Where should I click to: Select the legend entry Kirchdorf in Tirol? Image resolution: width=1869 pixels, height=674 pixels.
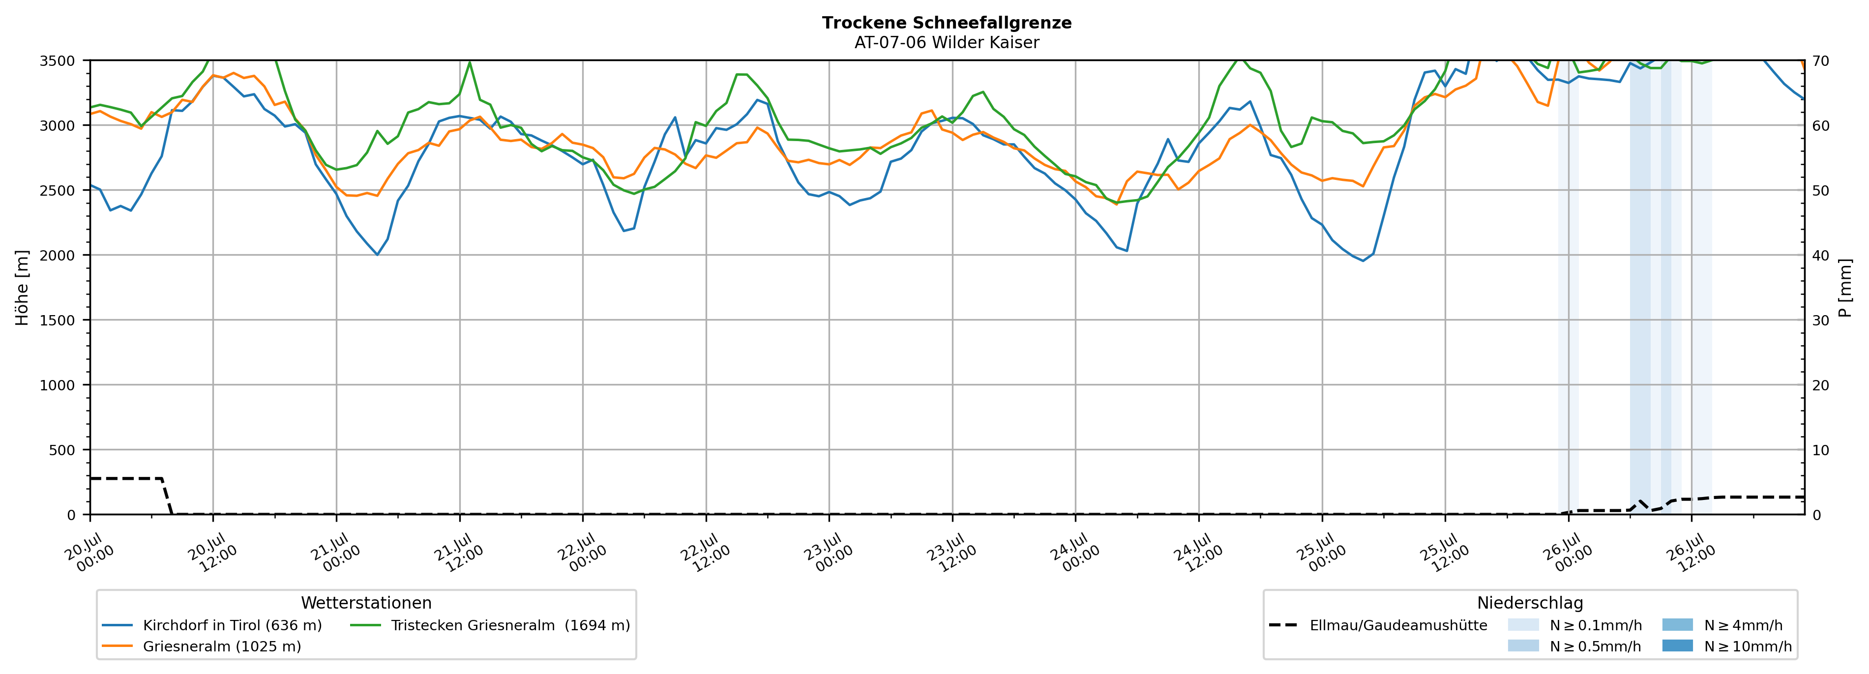coord(212,625)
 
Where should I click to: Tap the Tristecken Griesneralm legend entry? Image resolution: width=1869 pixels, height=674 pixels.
coord(490,625)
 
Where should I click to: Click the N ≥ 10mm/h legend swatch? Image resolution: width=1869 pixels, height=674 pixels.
coord(1677,645)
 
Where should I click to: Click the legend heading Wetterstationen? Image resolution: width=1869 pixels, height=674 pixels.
coord(366,603)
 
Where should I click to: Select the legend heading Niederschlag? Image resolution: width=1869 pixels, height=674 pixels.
coord(1530,603)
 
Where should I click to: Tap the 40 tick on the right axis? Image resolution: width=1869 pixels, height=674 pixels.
coord(1820,255)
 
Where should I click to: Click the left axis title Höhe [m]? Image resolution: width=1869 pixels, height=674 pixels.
coord(23,287)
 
